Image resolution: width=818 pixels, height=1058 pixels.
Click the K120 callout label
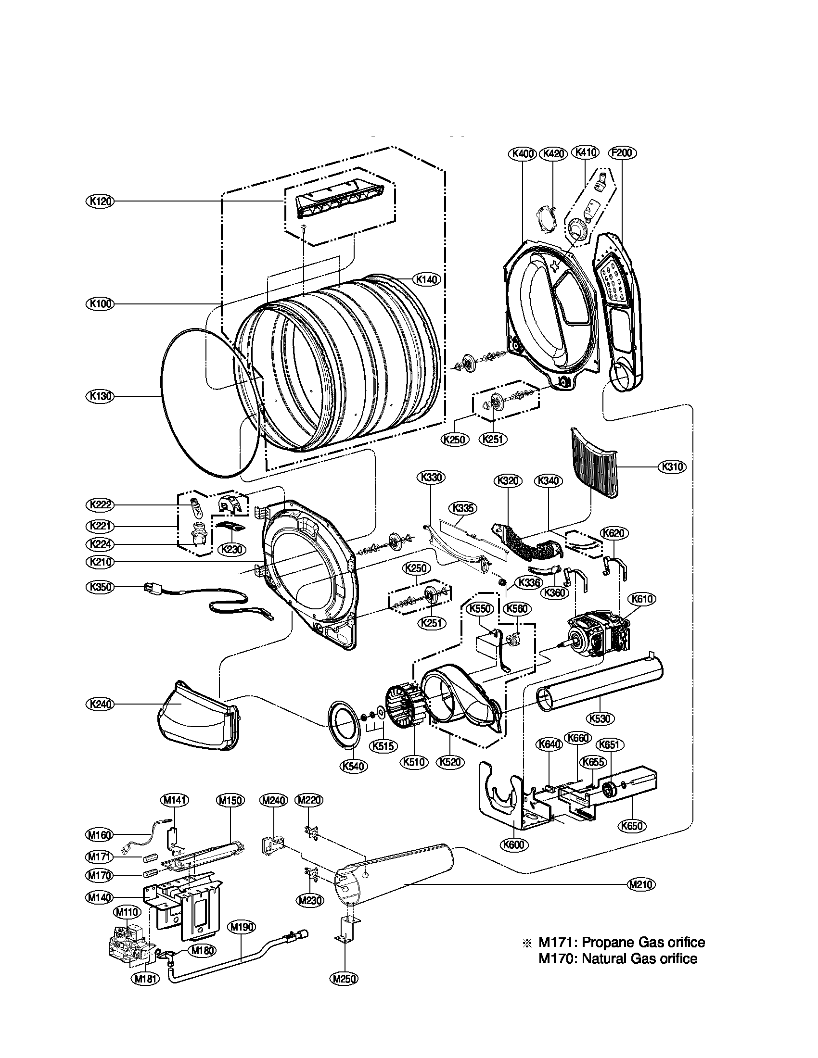tap(99, 201)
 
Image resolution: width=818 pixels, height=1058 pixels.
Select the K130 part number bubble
tap(99, 396)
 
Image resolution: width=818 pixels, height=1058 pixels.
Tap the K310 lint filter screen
tap(594, 463)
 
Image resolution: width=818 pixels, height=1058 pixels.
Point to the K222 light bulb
tap(196, 505)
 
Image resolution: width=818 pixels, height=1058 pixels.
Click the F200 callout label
tap(622, 153)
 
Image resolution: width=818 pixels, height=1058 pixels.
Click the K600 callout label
tap(514, 844)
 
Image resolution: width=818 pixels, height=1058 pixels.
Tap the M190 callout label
tap(242, 927)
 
